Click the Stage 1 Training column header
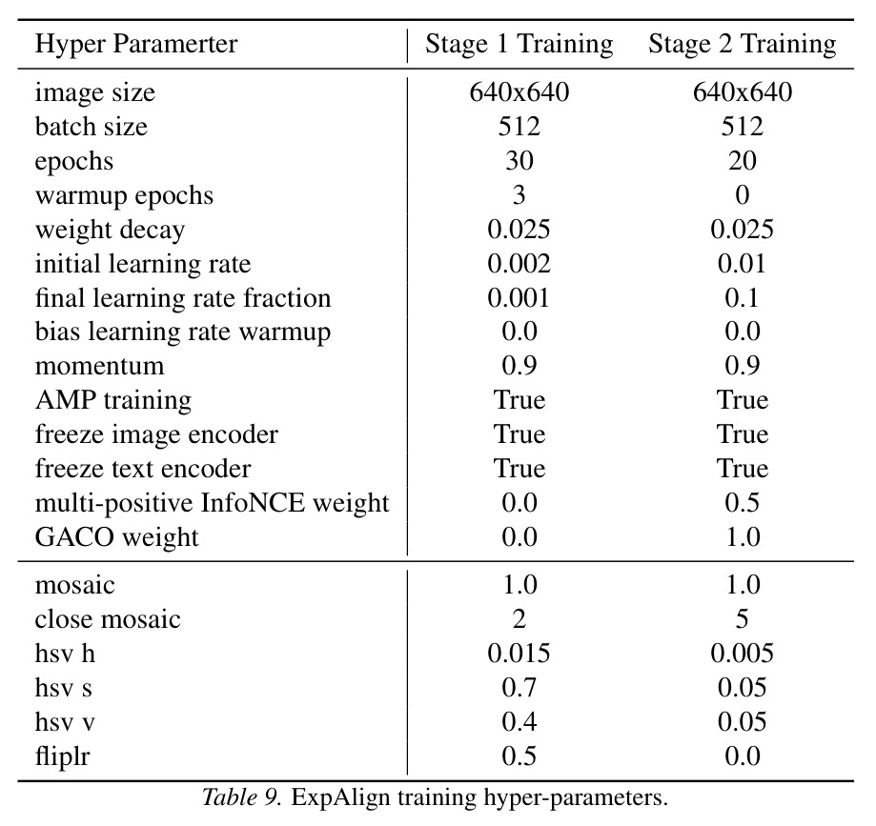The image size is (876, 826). click(519, 44)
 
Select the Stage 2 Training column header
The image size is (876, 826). click(742, 44)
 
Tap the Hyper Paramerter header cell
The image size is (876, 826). click(136, 44)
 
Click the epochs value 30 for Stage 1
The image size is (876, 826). click(519, 161)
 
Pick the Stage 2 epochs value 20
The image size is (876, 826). click(742, 161)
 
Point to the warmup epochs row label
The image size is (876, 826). click(124, 196)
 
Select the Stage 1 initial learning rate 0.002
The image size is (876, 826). click(519, 264)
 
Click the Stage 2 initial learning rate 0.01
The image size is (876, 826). click(742, 264)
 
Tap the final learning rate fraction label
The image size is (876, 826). click(183, 297)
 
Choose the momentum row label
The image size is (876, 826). click(99, 367)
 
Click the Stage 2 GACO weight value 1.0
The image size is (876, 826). click(742, 536)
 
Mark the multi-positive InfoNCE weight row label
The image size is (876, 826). click(212, 503)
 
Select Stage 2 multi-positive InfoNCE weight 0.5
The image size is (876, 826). click(742, 503)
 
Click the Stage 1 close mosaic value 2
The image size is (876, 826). click(519, 619)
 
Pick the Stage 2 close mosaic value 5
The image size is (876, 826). click(742, 619)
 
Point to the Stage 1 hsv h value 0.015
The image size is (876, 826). click(519, 654)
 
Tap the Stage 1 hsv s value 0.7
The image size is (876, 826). click(519, 688)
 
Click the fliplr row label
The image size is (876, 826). click(62, 756)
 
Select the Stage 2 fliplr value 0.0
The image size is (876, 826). click(742, 756)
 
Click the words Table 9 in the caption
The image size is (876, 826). click(241, 797)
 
